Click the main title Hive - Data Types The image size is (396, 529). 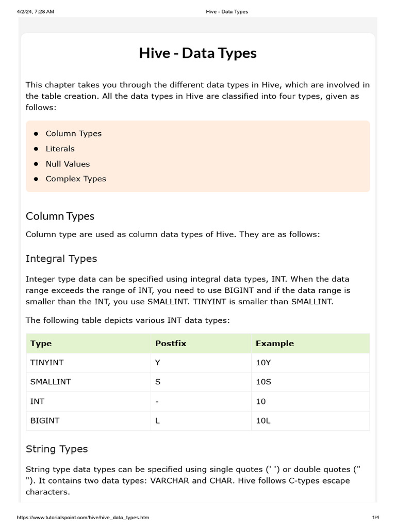tap(197, 53)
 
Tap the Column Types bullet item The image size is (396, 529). tap(74, 133)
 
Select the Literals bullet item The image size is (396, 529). tap(60, 149)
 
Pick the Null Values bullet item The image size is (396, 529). tap(68, 164)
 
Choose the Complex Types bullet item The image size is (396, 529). tap(76, 179)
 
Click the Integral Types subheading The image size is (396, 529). tap(61, 258)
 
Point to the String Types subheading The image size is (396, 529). tap(57, 449)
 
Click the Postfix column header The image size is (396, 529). tap(171, 343)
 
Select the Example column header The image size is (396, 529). tap(275, 343)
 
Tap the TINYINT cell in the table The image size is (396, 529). tap(47, 363)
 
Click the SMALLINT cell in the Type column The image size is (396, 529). tap(51, 382)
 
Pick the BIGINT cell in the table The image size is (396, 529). tap(45, 421)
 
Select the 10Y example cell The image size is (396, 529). tap(263, 363)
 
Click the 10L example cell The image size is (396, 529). tap(263, 421)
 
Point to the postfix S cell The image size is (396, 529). tap(158, 382)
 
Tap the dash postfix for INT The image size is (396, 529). tap(157, 401)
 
